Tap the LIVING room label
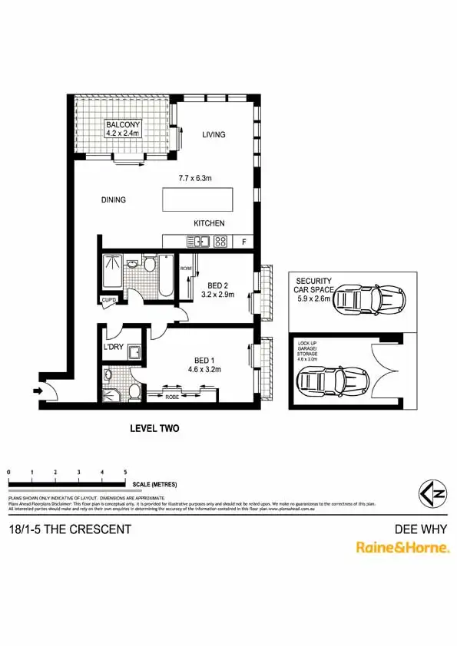coord(214,135)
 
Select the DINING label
coord(113,200)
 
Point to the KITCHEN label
coord(209,223)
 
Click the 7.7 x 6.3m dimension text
coord(195,179)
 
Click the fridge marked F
coord(244,242)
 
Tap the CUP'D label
coord(108,300)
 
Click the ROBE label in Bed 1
coord(174,396)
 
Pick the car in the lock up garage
coord(333,378)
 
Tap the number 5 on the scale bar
coord(125,472)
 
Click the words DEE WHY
coord(420,529)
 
